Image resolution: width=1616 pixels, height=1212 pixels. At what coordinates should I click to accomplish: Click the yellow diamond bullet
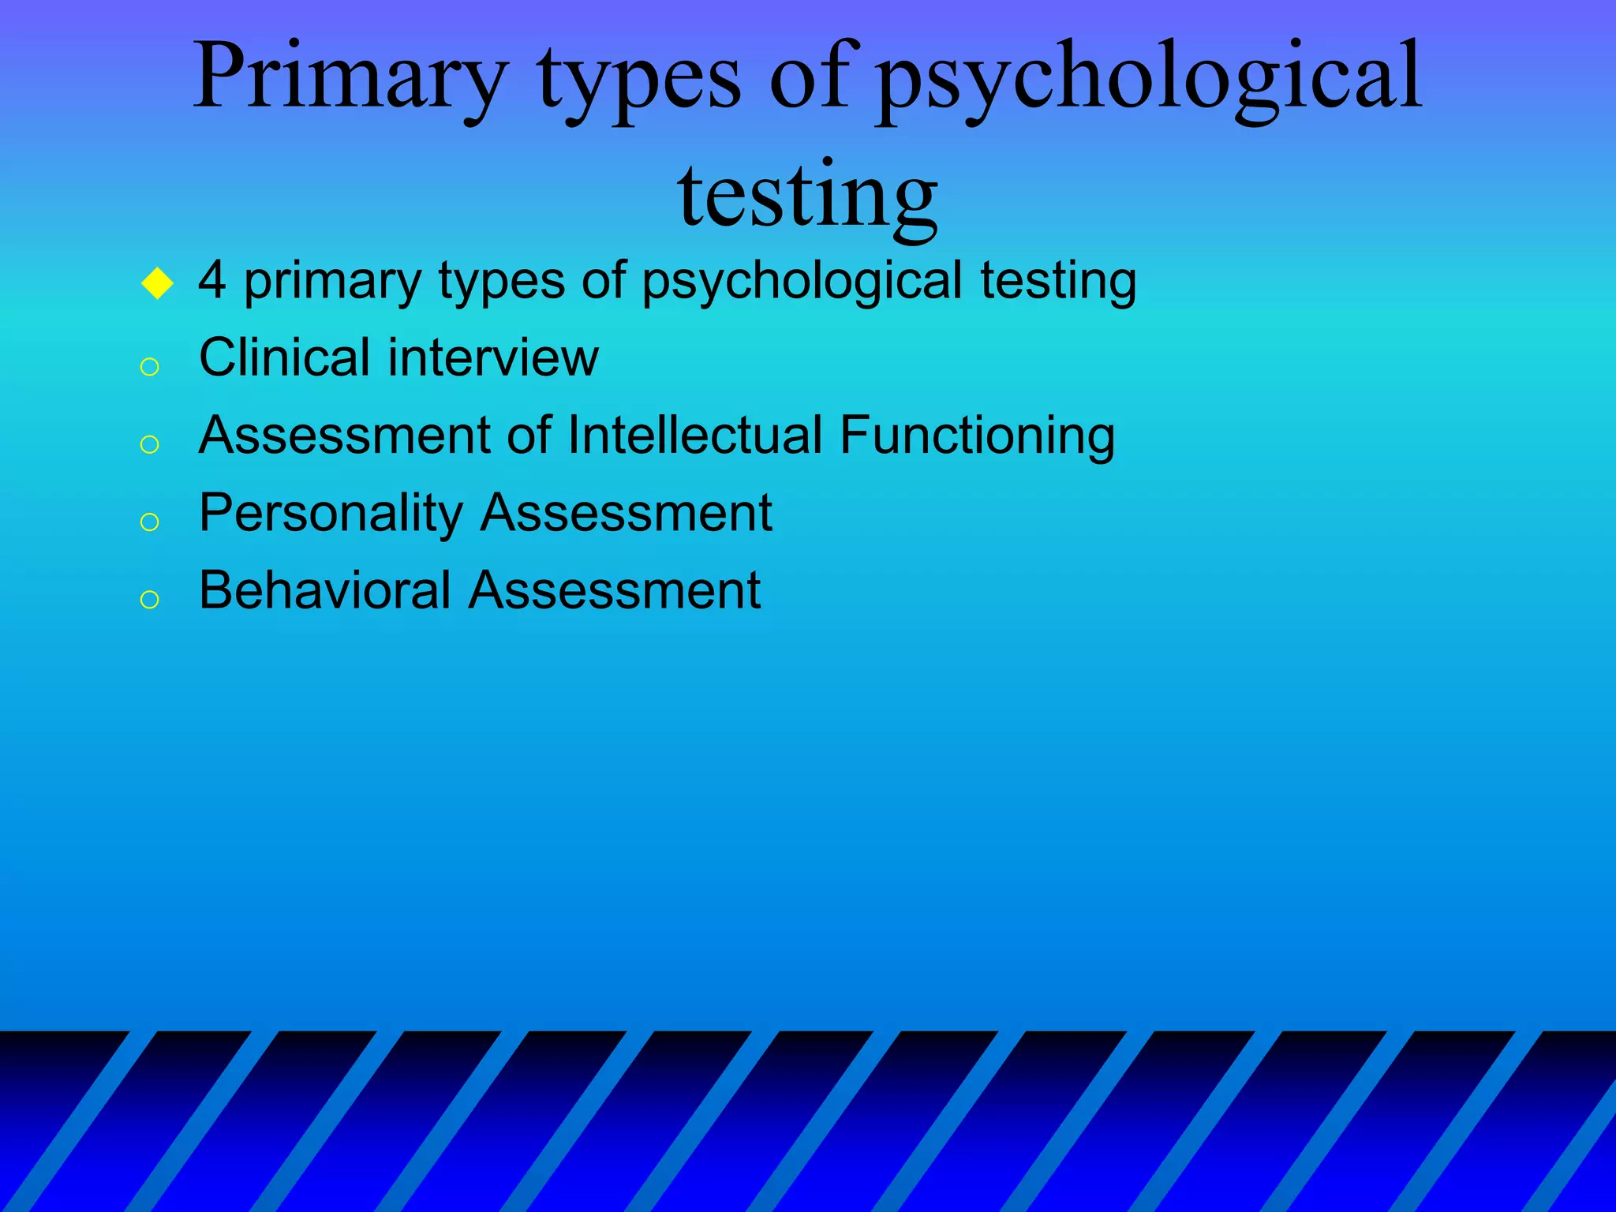click(x=157, y=283)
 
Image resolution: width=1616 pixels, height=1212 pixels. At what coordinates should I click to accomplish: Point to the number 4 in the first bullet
click(x=211, y=280)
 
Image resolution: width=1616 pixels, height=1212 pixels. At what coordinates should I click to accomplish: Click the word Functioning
click(x=977, y=436)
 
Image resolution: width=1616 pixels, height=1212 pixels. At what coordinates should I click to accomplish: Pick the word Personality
click(x=331, y=514)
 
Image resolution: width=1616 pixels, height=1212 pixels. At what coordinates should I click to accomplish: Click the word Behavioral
click(x=324, y=590)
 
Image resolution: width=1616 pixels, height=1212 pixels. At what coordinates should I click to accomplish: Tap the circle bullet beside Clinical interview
click(x=149, y=367)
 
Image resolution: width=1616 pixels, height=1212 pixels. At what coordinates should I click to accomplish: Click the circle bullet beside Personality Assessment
click(x=149, y=522)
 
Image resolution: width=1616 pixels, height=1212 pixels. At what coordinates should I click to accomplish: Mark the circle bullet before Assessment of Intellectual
click(x=149, y=444)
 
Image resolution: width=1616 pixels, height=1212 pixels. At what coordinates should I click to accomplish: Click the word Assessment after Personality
click(x=626, y=513)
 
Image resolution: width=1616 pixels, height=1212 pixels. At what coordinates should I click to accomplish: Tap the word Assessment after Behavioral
click(x=614, y=590)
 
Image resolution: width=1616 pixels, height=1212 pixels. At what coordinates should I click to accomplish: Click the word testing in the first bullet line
click(x=1058, y=281)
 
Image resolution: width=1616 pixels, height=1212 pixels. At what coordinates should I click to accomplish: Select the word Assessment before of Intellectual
click(x=345, y=435)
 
